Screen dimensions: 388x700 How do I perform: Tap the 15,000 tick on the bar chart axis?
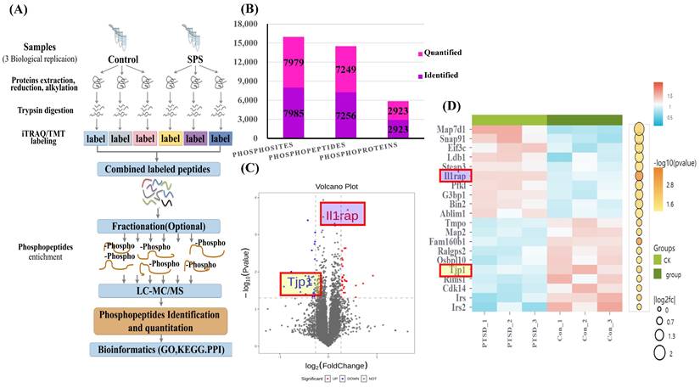(247, 41)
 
